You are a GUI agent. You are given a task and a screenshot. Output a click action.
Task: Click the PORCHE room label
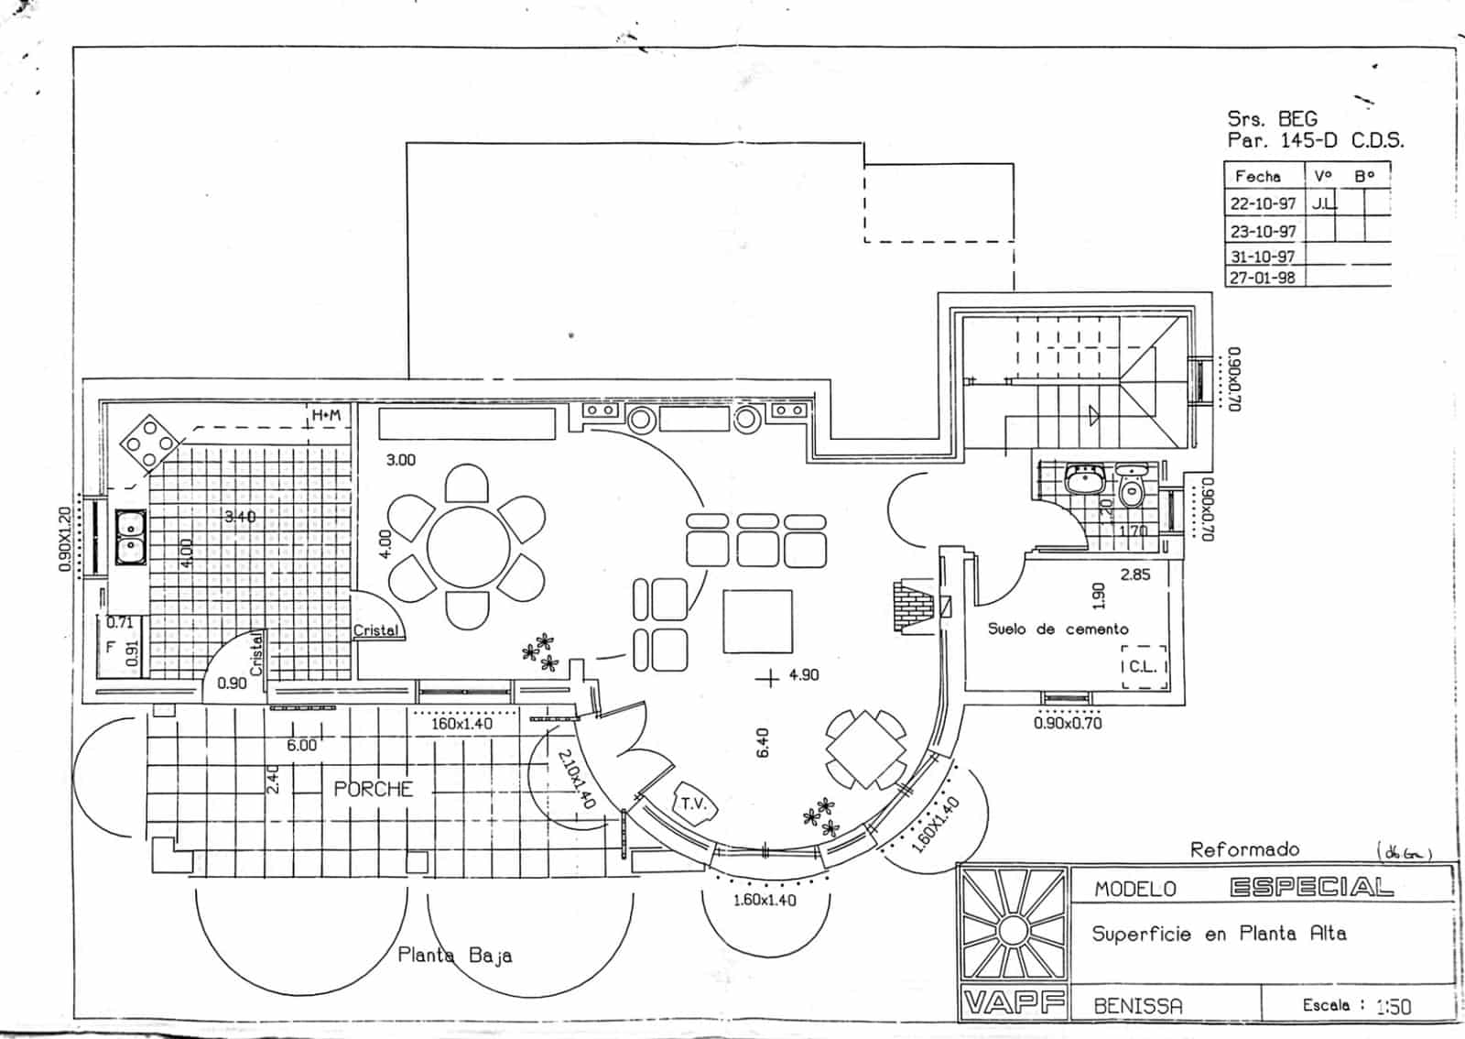[373, 789]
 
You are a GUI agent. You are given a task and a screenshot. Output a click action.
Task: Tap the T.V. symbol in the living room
[693, 804]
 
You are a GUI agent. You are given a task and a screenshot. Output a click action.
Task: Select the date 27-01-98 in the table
[1262, 277]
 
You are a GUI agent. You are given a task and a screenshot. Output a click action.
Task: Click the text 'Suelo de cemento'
[1058, 629]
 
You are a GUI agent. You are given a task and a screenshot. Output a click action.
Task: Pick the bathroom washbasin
[1085, 478]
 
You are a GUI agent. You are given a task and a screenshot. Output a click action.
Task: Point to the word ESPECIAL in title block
[1311, 887]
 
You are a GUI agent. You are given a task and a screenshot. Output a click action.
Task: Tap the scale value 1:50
[1393, 1006]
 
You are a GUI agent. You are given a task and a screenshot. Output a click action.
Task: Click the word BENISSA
[1138, 1005]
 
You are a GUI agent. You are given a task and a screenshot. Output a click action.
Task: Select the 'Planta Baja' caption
[454, 955]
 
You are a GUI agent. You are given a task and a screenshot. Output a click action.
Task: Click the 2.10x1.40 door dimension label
[577, 778]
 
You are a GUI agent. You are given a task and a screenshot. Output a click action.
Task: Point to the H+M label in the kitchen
[326, 415]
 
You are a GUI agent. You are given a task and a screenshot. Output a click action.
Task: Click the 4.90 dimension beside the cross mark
[803, 674]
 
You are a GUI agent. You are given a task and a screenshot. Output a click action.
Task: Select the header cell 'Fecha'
[1257, 176]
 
